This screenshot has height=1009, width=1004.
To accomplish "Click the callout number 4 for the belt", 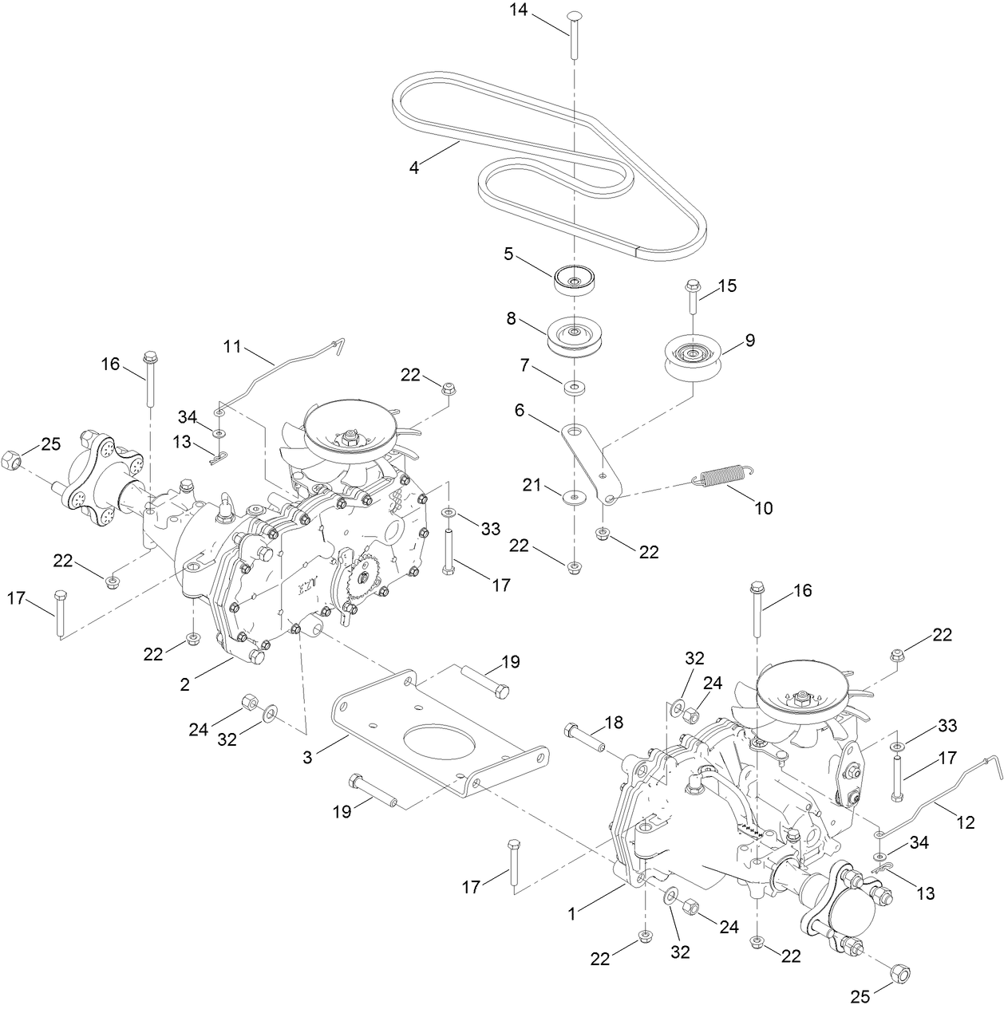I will pos(414,168).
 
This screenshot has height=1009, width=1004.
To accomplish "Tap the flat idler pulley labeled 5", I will pos(573,278).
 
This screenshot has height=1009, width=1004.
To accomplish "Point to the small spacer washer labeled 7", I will pos(573,388).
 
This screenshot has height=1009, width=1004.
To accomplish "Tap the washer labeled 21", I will pos(573,497).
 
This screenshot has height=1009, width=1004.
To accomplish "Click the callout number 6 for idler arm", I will pos(520,410).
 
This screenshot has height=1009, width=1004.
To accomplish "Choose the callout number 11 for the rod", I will pos(232,347).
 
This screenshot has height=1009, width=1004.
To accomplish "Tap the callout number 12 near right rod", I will pos(966,822).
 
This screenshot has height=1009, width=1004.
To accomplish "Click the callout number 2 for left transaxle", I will pos(184,684).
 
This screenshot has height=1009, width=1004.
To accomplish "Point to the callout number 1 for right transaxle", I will pos(571,913).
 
